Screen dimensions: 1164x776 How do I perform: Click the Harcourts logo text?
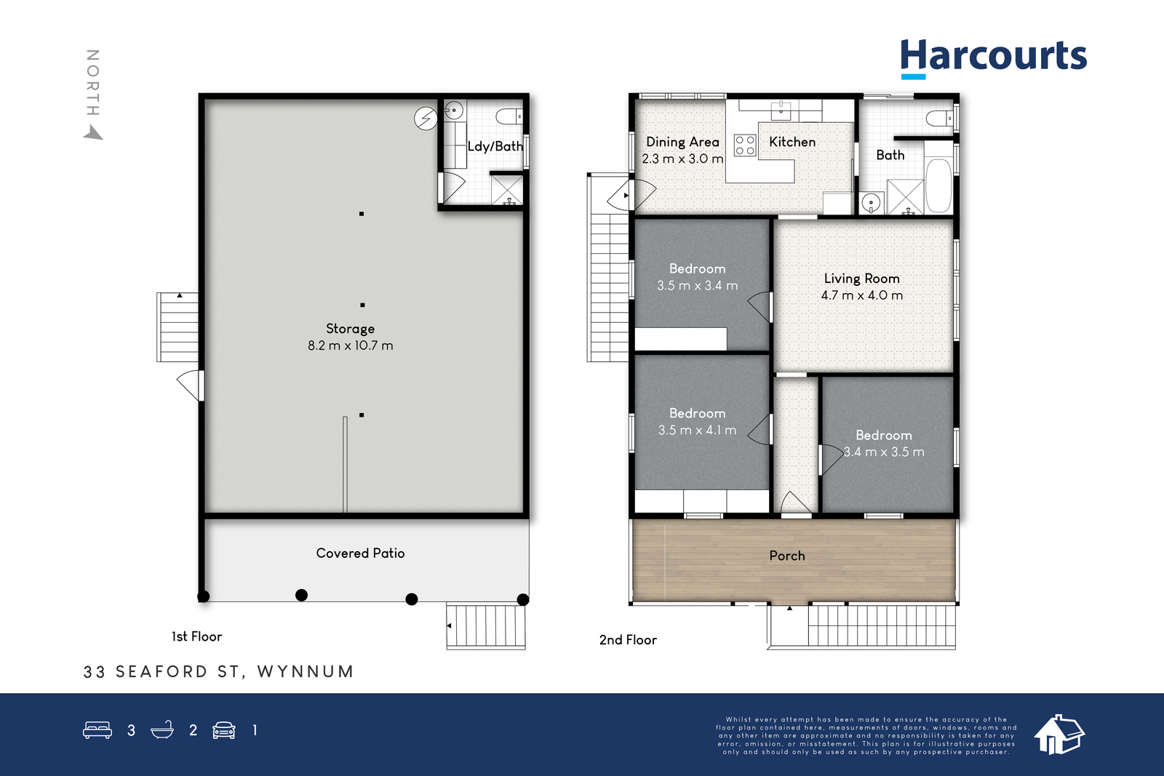994,55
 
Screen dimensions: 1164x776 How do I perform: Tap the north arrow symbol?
94,132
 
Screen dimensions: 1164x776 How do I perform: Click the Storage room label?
350,329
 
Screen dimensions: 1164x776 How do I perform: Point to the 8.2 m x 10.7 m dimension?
350,345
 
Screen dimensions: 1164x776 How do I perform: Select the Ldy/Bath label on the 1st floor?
495,146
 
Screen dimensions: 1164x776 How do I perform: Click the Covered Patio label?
360,553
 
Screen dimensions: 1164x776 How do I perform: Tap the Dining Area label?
682,142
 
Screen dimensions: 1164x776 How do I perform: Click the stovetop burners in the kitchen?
745,145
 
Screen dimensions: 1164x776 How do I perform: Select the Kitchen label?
792,142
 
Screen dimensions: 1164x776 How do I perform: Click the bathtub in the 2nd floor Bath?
939,185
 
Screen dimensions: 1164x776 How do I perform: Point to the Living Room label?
861,279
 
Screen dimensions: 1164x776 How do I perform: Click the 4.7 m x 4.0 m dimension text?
861,295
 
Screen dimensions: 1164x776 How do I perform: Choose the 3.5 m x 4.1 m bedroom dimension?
697,430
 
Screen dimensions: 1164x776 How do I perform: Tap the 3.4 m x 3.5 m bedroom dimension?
884,452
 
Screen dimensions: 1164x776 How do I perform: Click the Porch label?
786,556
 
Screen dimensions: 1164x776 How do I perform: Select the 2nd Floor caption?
628,640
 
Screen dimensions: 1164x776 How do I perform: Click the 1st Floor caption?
196,637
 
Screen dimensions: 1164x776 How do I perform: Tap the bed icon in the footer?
97,729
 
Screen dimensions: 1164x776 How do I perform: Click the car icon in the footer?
224,730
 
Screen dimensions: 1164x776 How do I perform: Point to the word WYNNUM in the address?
306,671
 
